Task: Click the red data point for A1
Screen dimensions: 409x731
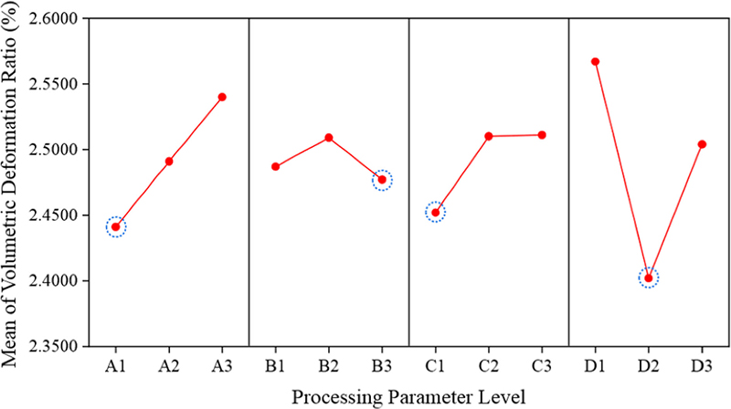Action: click(x=116, y=226)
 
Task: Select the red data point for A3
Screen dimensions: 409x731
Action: click(x=222, y=97)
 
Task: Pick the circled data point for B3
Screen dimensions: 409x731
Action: click(x=382, y=180)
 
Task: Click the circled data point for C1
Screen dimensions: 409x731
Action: click(x=436, y=213)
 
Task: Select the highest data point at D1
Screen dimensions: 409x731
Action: click(x=595, y=62)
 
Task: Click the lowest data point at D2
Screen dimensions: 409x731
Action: click(x=649, y=278)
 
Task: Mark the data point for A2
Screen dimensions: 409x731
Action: click(x=169, y=162)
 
